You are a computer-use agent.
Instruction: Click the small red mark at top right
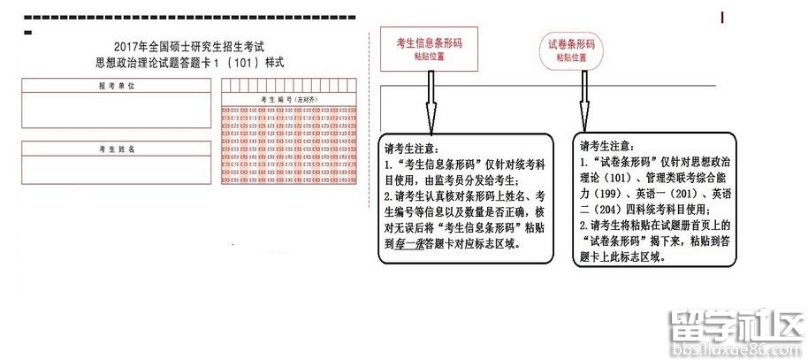tap(723, 17)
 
